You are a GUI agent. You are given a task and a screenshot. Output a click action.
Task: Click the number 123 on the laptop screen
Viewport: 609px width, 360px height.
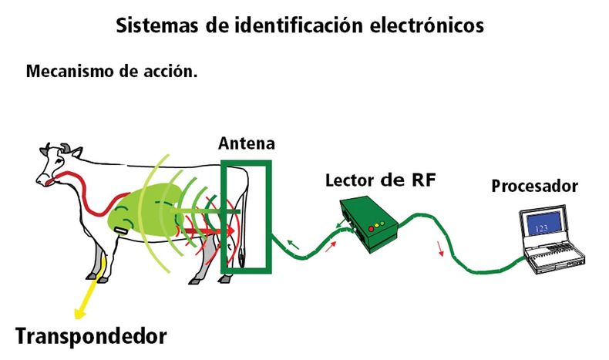click(x=540, y=228)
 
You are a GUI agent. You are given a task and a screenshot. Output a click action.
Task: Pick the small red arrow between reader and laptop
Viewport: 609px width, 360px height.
click(x=442, y=249)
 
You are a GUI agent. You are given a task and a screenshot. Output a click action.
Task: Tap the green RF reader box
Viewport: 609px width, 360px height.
click(x=370, y=225)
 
